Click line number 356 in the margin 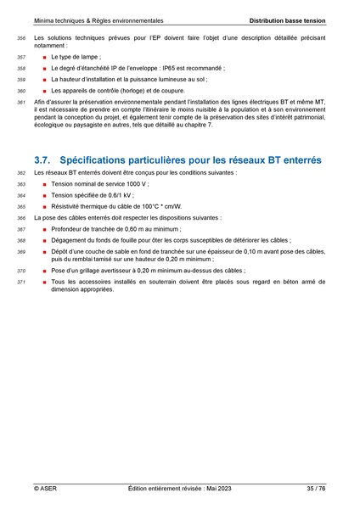tap(21, 40)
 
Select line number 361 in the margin tap(21, 103)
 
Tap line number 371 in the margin tap(21, 282)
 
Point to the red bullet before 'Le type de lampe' tap(44, 56)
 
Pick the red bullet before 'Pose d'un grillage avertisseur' tap(44, 271)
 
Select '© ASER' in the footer tap(45, 489)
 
